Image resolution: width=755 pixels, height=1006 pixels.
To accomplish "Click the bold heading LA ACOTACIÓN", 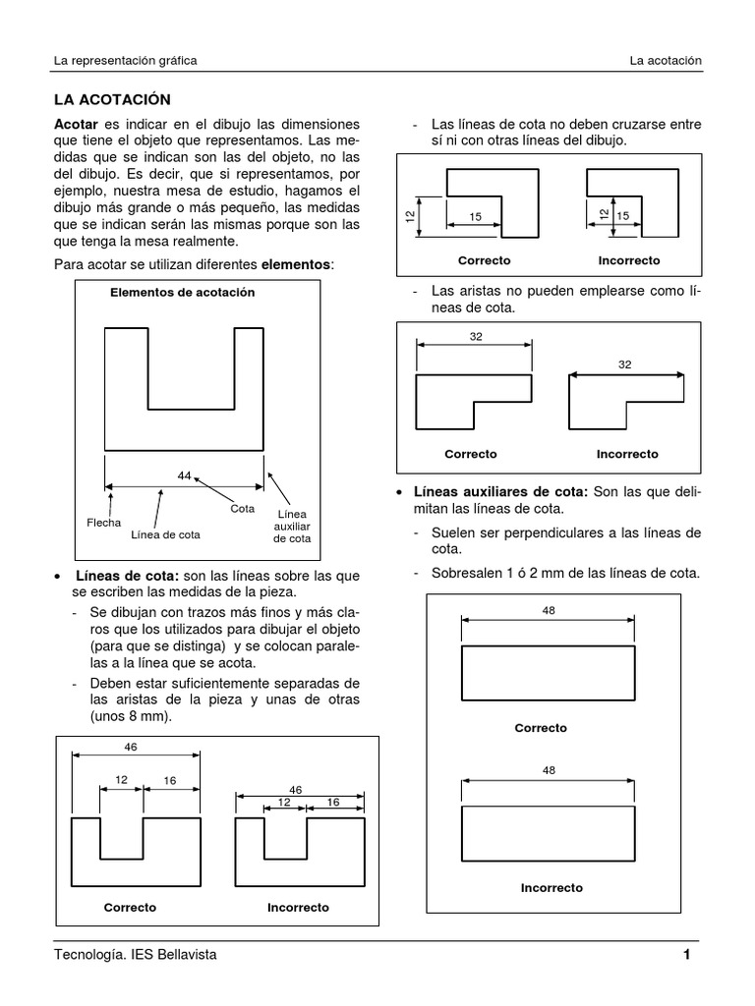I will (112, 99).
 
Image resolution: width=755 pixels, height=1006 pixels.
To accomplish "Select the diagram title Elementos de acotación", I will (182, 292).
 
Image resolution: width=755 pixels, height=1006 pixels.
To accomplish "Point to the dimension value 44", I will (184, 475).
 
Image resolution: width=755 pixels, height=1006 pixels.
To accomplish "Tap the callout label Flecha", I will (104, 523).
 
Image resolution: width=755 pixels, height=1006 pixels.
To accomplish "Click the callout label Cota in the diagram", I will (243, 509).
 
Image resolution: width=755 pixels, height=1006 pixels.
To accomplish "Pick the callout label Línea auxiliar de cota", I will (292, 527).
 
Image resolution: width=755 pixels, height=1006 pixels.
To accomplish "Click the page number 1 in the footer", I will (687, 955).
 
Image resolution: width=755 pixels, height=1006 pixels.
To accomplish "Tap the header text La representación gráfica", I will (125, 60).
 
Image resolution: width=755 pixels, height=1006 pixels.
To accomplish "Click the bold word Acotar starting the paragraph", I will (76, 125).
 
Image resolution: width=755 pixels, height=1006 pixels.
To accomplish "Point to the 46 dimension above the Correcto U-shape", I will (131, 747).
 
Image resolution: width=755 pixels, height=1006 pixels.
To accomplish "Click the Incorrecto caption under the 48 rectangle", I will (552, 887).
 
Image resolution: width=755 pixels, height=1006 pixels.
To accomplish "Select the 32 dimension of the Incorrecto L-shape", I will (624, 364).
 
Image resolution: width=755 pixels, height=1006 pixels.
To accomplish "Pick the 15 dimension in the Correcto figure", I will (476, 216).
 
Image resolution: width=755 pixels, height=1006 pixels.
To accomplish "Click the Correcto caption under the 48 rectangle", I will (541, 728).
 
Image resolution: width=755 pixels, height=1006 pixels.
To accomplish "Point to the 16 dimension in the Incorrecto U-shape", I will (332, 802).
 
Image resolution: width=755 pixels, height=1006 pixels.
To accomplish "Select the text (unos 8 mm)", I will (131, 716).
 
